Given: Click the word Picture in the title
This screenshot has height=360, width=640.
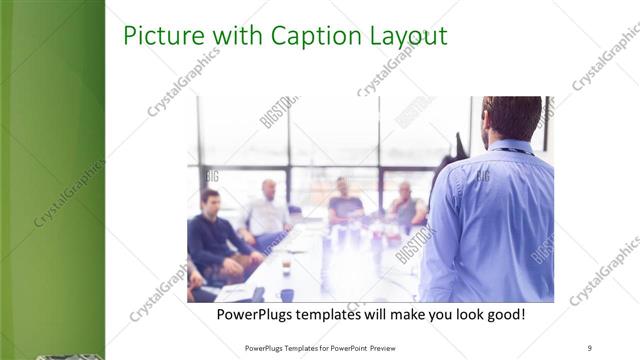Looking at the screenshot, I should (x=157, y=37).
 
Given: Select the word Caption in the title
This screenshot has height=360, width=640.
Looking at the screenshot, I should (x=305, y=38).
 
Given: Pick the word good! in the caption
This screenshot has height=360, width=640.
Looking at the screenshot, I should (x=502, y=315).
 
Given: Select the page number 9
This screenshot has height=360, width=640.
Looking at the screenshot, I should (x=589, y=347).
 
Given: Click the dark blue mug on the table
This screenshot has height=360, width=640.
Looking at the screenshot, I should (x=287, y=295).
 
